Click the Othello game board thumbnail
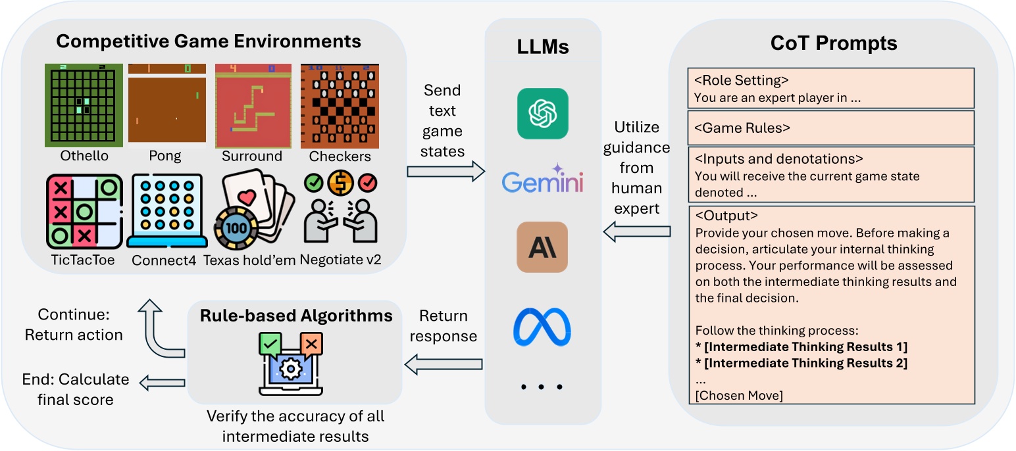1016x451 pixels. pos(84,105)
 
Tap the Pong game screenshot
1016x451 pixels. pos(167,105)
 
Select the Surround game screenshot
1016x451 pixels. pos(253,106)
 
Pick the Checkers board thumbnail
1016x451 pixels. pos(340,106)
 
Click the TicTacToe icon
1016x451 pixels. pos(84,212)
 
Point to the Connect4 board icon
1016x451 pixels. pos(167,211)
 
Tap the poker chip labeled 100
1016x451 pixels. pos(236,228)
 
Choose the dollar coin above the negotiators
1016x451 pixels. pos(340,183)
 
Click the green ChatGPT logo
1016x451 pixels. pos(542,113)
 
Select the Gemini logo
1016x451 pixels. pos(542,180)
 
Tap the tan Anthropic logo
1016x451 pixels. pos(542,247)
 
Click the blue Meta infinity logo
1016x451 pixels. pos(542,327)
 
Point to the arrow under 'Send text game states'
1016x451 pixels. pos(446,172)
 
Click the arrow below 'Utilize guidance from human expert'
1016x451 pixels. pos(637,231)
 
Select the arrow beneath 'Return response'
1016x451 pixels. pos(443,364)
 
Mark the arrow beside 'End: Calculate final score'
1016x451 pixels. pos(162,383)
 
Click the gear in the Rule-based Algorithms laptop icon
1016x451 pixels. pos(290,369)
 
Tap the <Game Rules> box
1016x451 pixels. pos(831,128)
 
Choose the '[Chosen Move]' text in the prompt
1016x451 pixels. pos(739,396)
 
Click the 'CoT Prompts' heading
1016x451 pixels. pos(834,43)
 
